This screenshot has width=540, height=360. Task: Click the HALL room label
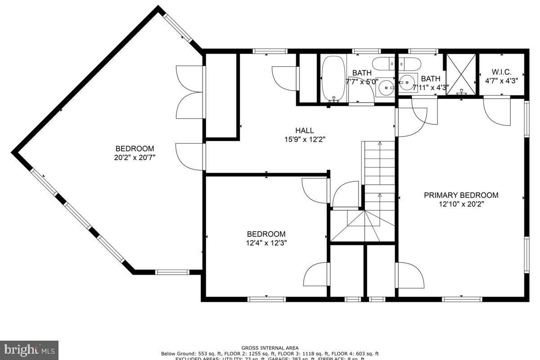(304, 130)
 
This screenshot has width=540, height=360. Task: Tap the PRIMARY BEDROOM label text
(461, 195)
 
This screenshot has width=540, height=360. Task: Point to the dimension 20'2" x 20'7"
(135, 157)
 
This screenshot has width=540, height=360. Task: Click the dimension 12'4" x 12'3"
(266, 243)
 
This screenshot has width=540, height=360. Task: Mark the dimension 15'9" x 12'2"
(304, 139)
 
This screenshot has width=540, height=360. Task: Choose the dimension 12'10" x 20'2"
(461, 204)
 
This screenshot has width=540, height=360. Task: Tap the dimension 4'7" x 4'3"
(501, 81)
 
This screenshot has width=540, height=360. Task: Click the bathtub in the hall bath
(333, 79)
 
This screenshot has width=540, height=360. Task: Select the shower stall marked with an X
(460, 74)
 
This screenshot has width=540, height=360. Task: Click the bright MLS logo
(29, 350)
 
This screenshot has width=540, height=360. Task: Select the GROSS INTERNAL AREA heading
(270, 348)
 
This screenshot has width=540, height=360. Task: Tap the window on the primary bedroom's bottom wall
(462, 299)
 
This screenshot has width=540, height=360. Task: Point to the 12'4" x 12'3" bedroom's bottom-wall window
(266, 299)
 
